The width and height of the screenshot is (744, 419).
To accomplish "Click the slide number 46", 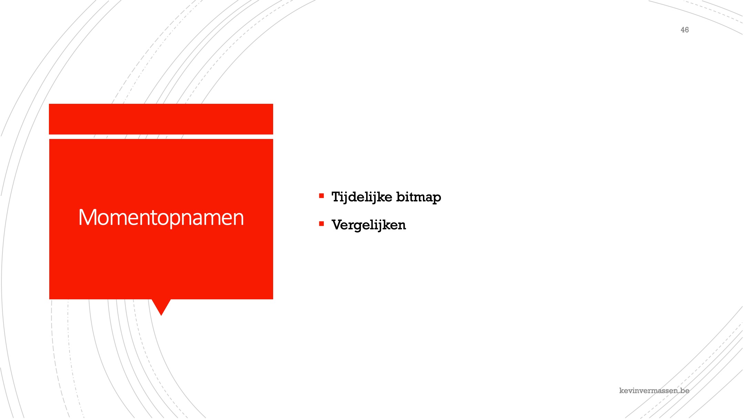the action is click(x=684, y=30).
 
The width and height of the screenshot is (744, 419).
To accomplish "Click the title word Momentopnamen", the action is click(x=161, y=218).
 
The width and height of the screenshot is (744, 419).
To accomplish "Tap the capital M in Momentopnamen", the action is click(x=87, y=217).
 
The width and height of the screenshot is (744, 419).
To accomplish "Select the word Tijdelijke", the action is click(x=362, y=197).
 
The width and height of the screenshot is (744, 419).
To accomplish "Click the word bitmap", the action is click(x=418, y=197).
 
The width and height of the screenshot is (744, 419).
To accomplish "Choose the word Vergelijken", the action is click(x=369, y=225).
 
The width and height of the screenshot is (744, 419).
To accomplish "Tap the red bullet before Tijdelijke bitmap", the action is click(x=321, y=196).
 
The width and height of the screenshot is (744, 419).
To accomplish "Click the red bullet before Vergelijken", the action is click(x=321, y=224).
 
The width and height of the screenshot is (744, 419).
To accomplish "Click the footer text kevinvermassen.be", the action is click(x=654, y=390).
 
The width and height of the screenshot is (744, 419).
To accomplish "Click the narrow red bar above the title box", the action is click(x=161, y=119).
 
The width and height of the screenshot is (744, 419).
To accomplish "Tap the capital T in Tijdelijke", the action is click(x=336, y=197).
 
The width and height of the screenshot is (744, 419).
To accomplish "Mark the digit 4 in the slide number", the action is click(x=682, y=30).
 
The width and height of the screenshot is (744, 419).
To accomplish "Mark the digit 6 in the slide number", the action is click(x=687, y=30).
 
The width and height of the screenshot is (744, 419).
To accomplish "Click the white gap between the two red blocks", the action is click(x=161, y=137).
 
